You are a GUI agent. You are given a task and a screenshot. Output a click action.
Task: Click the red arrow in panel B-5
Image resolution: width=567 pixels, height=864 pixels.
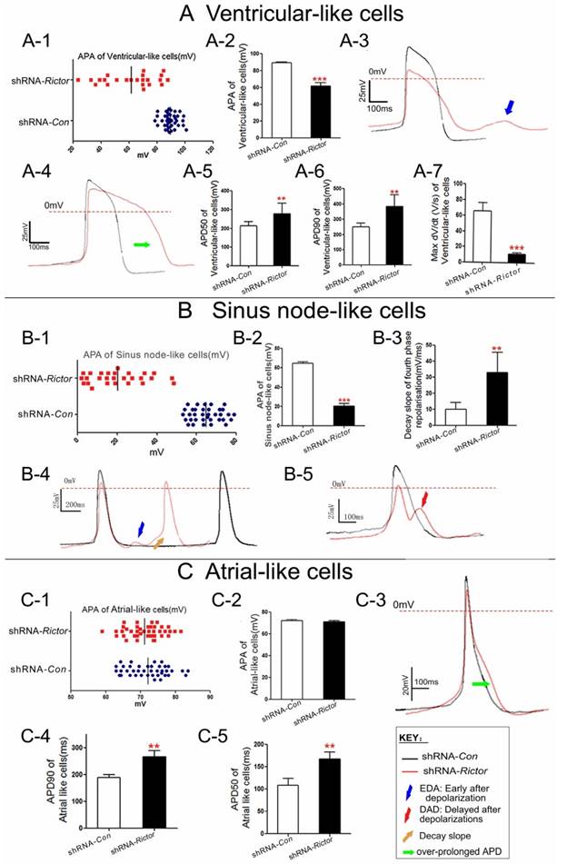[426, 499]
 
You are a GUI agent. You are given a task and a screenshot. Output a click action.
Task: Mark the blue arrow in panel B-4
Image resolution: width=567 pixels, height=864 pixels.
[139, 528]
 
